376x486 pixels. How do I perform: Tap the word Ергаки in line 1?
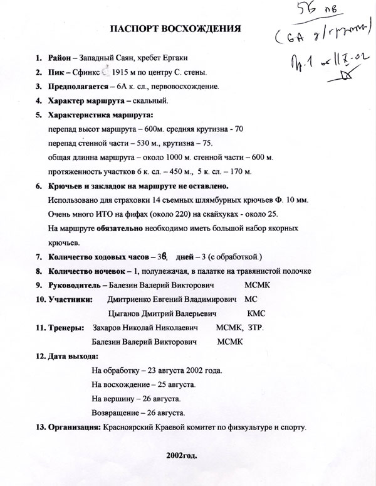pyautogui.click(x=174, y=58)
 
